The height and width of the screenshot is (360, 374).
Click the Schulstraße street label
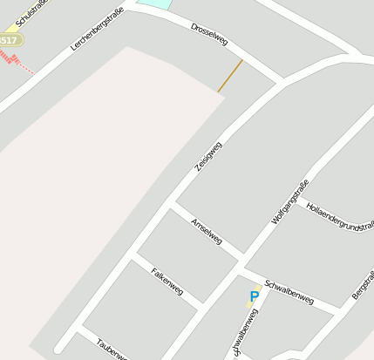point(31,14)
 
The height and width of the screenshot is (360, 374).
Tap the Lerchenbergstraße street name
point(97,28)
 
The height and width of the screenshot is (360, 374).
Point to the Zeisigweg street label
point(208,156)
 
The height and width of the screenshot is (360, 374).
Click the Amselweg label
point(207,230)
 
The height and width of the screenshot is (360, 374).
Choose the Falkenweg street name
point(167,281)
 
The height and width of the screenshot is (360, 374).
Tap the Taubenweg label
point(112,349)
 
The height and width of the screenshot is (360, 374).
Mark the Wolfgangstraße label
point(290,201)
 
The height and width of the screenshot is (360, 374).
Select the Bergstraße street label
point(364,286)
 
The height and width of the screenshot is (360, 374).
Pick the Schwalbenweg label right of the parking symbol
point(289,291)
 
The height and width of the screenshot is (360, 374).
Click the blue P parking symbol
point(255,297)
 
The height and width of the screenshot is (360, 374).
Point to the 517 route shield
point(9,40)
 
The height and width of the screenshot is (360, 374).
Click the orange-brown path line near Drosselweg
point(230,75)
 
